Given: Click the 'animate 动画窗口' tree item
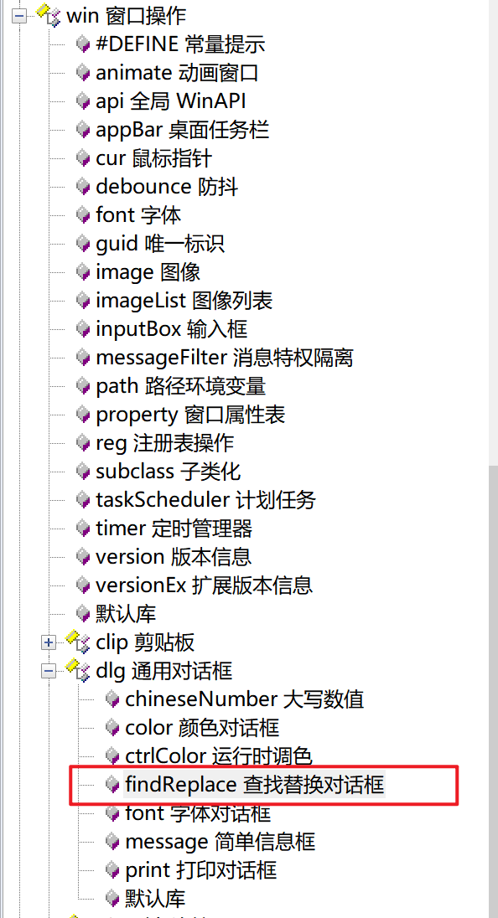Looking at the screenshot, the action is point(176,73).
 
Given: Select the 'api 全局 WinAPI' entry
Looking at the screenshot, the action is point(170,101).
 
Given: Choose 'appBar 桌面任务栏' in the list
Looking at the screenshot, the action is point(182,130).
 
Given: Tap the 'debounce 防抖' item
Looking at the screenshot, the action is point(166,187).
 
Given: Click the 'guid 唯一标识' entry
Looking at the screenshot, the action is point(160,244).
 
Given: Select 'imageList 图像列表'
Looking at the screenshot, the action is point(184,301).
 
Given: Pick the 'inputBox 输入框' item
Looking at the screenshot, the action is point(172,329).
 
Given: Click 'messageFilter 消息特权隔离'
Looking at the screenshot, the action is point(225,357).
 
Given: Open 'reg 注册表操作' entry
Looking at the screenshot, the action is point(164,442).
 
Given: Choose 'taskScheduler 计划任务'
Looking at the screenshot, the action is point(205,499).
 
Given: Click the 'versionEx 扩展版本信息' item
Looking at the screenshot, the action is point(204,585).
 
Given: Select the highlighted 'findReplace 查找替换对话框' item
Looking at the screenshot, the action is point(255,785).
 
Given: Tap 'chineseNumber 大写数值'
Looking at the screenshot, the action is point(244,699).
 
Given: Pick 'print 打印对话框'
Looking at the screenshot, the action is point(201,869).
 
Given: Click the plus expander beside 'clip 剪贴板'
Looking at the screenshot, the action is point(49,642).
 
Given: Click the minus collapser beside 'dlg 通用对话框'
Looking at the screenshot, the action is point(49,671).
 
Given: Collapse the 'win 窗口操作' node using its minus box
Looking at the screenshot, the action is point(20,17).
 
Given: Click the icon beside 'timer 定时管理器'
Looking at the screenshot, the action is point(83,528).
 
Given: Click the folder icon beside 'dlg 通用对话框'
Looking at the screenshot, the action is point(78,668).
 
